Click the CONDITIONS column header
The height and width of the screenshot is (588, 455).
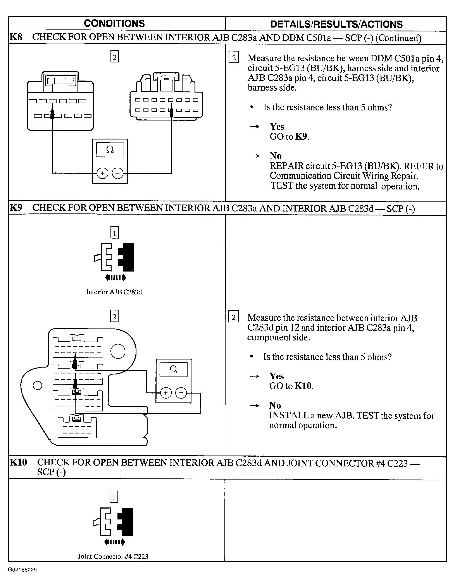point(114,24)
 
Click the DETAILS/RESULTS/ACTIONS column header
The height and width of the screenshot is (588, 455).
point(336,24)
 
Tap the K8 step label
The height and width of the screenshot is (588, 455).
point(16,37)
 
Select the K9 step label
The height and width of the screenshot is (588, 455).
point(16,208)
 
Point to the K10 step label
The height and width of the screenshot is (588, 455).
point(18,462)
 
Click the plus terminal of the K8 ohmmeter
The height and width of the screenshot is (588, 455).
point(102,173)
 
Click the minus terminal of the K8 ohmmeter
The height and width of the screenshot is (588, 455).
point(117,173)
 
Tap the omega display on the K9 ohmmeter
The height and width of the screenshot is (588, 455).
point(173,369)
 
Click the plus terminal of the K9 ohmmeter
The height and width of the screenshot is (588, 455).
point(166,393)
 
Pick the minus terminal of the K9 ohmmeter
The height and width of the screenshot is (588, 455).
point(181,393)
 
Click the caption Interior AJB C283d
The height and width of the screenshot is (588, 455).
point(114,292)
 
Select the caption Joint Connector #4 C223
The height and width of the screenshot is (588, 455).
point(113,557)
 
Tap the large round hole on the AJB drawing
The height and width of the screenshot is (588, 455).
point(118,352)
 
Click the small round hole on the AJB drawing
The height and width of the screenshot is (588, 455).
point(38,385)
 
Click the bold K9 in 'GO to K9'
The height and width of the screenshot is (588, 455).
point(301,136)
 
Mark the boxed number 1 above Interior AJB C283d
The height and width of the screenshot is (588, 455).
point(114,233)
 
